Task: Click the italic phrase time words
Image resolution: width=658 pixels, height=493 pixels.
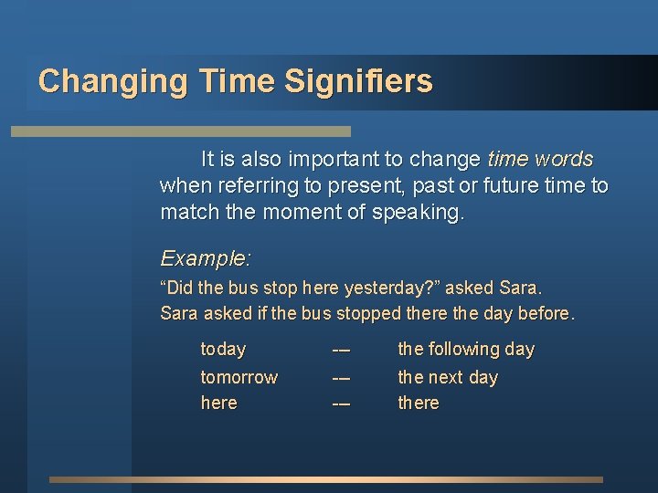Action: [540, 159]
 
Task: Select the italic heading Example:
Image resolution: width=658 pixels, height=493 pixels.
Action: [206, 258]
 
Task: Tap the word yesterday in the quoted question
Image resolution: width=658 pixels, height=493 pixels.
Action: [382, 288]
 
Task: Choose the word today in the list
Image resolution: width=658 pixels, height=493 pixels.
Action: [223, 349]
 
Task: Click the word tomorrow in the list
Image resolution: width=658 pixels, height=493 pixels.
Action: [239, 377]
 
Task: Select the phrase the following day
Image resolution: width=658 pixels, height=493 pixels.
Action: [465, 349]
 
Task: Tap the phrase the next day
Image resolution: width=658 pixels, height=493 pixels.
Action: [447, 377]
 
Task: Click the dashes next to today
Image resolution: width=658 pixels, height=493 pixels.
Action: [341, 349]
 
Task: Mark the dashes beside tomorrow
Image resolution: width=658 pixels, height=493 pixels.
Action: [341, 377]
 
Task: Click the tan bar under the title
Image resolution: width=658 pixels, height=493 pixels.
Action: [180, 131]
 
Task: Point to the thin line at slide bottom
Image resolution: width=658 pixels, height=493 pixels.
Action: [326, 479]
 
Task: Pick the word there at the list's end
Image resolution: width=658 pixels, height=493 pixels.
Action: [418, 403]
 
